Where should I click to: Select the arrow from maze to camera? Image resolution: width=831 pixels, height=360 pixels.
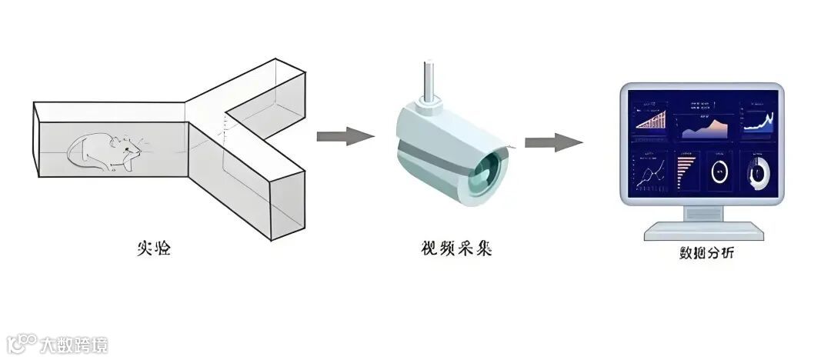[x=345, y=137]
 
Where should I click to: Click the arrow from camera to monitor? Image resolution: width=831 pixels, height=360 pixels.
[x=553, y=142]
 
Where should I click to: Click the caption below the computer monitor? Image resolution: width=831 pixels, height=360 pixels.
[x=701, y=253]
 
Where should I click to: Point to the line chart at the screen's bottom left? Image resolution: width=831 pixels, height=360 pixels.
[x=651, y=174]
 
